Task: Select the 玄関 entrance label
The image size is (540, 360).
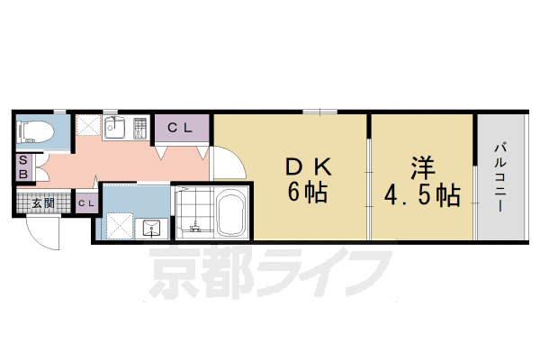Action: pos(43,203)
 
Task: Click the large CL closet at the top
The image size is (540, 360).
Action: pos(183,129)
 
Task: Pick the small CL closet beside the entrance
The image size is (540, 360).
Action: pos(86,203)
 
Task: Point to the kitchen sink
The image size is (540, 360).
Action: pos(113,129)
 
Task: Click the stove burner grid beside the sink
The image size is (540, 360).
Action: pos(139,129)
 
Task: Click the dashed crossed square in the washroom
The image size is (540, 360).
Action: pos(118,223)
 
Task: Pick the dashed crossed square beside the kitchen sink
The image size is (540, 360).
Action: pos(87,127)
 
